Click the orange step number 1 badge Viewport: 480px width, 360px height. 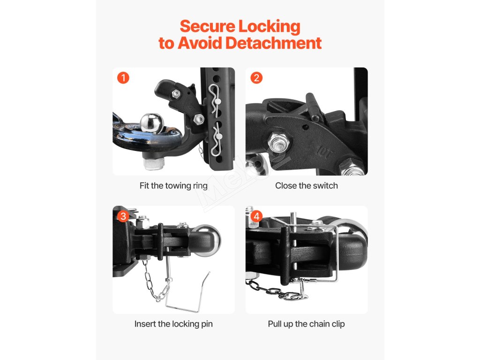[123, 78]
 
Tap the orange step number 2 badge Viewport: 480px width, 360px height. [256, 78]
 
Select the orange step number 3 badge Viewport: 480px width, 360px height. [123, 216]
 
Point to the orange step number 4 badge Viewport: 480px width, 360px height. [256, 216]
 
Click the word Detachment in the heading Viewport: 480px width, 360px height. [273, 43]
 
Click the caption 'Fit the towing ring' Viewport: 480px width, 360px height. [173, 186]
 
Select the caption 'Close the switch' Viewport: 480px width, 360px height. [306, 186]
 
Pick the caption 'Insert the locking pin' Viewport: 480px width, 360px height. [173, 324]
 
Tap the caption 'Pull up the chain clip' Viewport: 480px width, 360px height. [306, 324]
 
